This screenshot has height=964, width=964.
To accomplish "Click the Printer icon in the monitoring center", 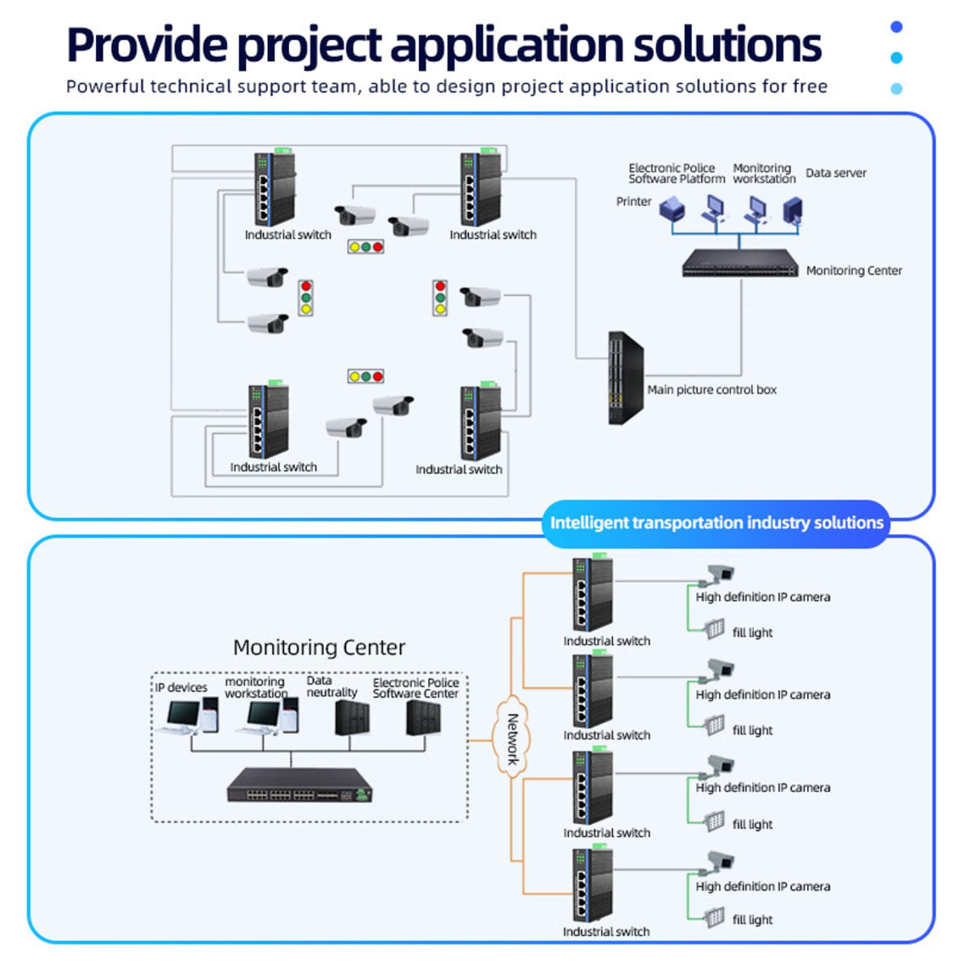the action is (x=672, y=210).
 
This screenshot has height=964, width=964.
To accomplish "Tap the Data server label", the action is (x=836, y=173).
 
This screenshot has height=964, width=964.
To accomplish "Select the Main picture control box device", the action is (x=626, y=378).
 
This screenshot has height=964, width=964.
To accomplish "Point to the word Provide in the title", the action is (x=148, y=45).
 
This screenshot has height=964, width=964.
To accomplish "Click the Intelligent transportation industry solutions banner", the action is (x=716, y=523).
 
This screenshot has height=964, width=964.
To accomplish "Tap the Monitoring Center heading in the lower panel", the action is (x=319, y=647).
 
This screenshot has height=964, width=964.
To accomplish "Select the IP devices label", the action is (x=181, y=687).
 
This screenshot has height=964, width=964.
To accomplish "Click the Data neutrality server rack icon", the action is (x=352, y=718).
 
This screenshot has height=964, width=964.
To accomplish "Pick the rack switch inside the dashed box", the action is (x=299, y=784).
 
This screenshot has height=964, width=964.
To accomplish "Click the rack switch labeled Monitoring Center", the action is (x=740, y=263).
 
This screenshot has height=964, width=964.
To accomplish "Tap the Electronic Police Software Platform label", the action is (x=677, y=174).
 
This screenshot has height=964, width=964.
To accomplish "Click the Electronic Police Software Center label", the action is (x=416, y=688).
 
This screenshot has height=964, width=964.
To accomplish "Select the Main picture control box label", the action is (x=712, y=390).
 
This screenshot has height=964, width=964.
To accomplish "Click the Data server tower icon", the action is (x=792, y=211).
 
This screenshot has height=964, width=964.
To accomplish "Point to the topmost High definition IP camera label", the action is (x=763, y=597).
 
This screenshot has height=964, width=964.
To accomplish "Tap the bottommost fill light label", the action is (x=753, y=919).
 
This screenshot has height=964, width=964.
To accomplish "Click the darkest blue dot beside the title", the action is (x=897, y=27).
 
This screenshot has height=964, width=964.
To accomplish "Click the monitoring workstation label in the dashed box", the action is (x=256, y=687).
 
